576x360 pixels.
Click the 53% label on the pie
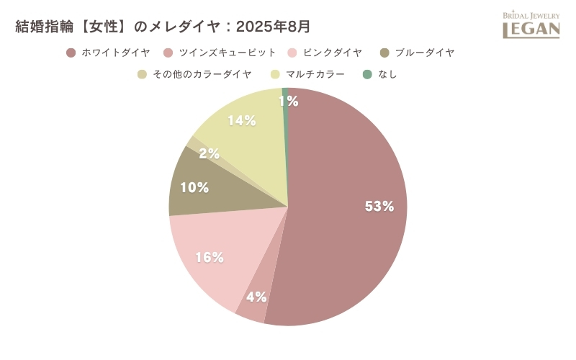(379, 207)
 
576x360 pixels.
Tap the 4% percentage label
(256, 297)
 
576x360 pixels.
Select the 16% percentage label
(210, 257)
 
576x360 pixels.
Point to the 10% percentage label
(194, 188)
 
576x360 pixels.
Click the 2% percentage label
(210, 153)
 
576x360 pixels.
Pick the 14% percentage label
(242, 121)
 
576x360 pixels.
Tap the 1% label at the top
(289, 102)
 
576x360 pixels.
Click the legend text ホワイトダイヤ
(116, 53)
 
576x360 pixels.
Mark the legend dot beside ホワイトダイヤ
(71, 53)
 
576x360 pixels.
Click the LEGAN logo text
(531, 29)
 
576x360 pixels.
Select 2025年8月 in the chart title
(274, 27)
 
